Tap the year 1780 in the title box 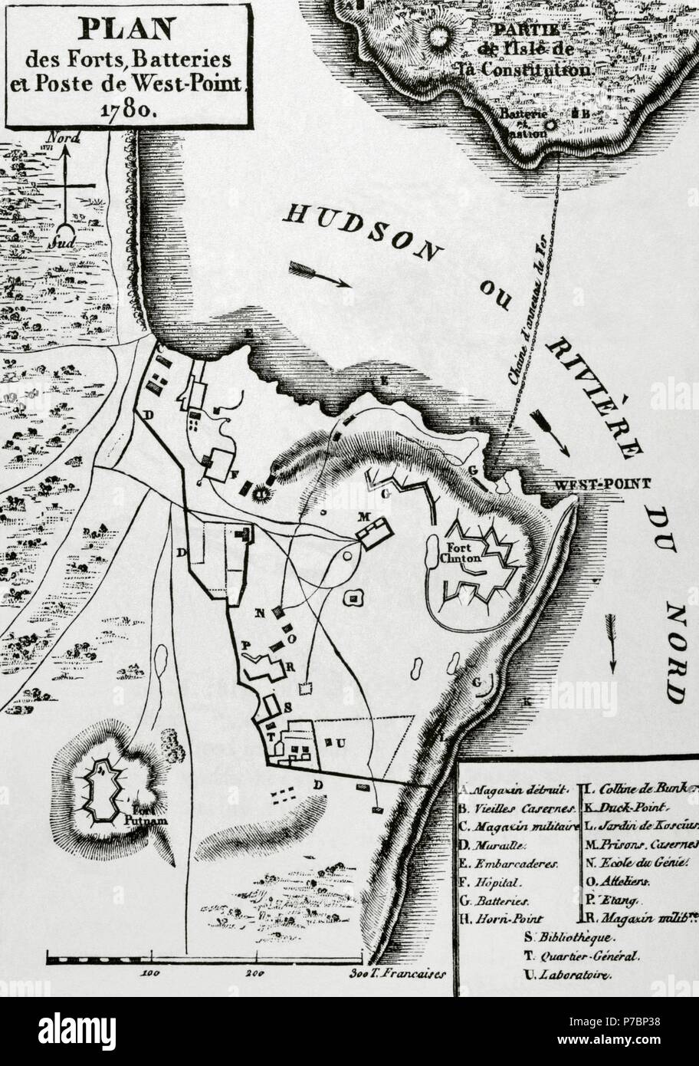point(126,108)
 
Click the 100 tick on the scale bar point(149,972)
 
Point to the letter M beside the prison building point(364,516)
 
